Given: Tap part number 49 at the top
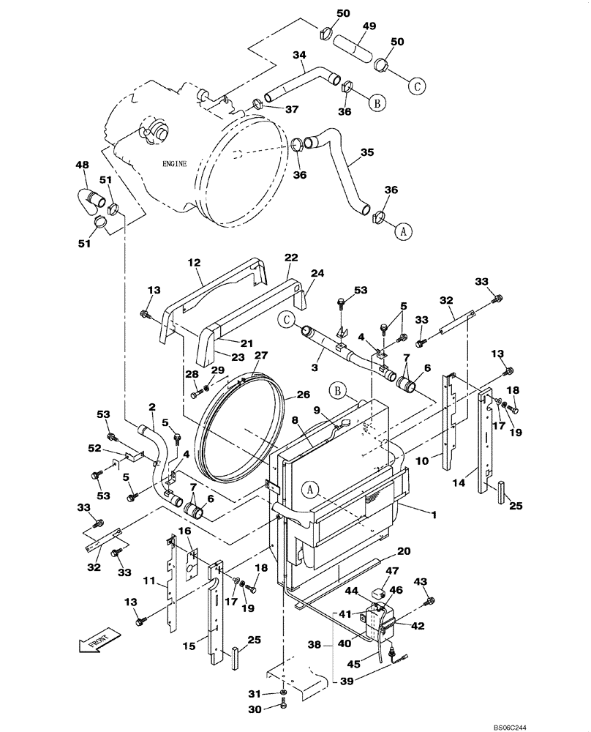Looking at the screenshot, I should pyautogui.click(x=369, y=26).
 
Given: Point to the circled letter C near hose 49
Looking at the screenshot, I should pyautogui.click(x=416, y=85).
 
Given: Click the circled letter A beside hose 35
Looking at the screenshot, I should pyautogui.click(x=402, y=231).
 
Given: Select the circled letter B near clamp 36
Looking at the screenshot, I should pyautogui.click(x=377, y=104).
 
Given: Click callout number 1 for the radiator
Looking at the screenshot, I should pyautogui.click(x=434, y=515).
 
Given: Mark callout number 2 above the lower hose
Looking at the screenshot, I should pyautogui.click(x=151, y=407).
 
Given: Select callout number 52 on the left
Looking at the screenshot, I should pyautogui.click(x=94, y=449).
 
